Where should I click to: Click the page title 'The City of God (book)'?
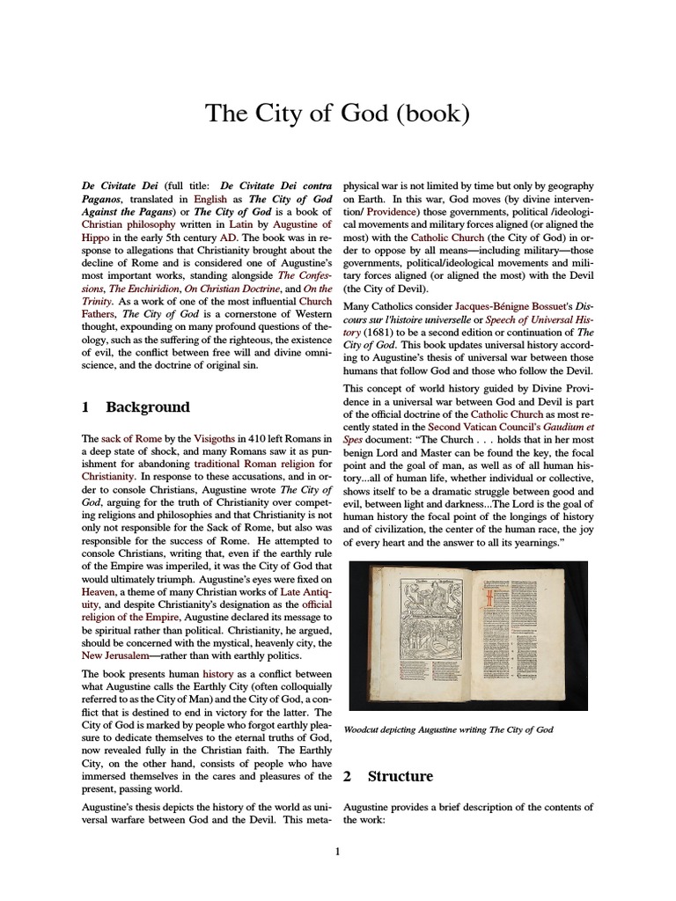(x=338, y=114)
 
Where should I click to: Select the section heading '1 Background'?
(x=135, y=407)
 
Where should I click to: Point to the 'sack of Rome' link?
(x=129, y=438)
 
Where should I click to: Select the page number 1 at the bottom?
(x=337, y=851)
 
